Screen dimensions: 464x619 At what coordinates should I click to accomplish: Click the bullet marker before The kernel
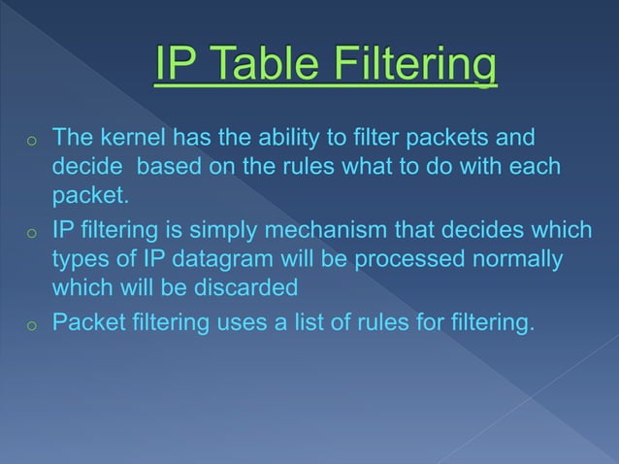(x=31, y=142)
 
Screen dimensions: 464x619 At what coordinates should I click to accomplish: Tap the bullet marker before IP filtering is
(x=31, y=235)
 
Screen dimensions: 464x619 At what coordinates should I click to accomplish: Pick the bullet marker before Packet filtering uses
(x=31, y=323)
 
